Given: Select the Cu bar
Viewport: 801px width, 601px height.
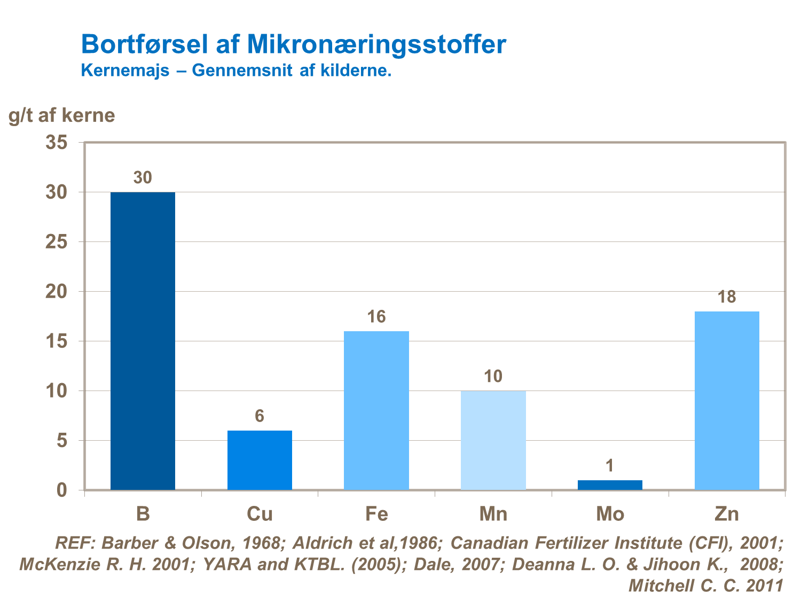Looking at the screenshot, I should tap(260, 460).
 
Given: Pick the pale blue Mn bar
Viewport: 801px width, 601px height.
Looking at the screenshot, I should tap(493, 440).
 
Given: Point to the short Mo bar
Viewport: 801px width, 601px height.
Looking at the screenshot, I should tap(610, 485).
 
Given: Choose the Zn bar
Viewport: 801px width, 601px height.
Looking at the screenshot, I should tap(727, 401).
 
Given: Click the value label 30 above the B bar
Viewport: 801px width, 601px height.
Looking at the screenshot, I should tap(143, 178).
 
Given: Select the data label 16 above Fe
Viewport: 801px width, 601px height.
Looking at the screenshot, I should tap(376, 317).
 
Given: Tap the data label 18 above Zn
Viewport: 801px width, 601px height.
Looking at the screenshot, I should tap(727, 297).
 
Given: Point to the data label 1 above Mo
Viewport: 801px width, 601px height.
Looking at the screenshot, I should tap(610, 466).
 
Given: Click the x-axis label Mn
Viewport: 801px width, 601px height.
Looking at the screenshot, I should tap(493, 514).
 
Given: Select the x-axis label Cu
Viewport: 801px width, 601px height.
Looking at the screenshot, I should tap(260, 514).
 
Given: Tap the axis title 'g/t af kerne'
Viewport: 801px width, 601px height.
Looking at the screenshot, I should tap(62, 115).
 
